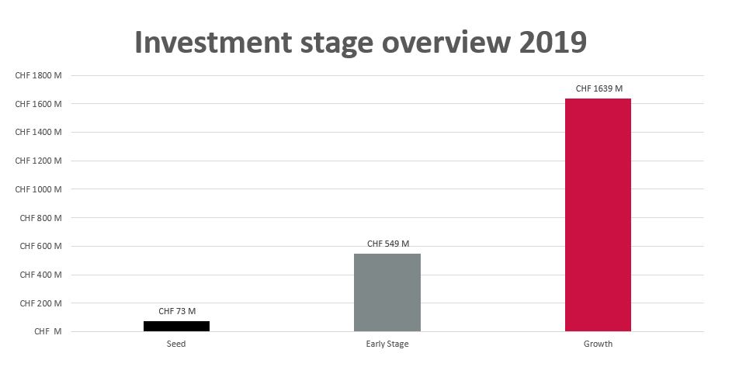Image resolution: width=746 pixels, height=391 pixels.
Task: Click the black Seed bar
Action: click(x=176, y=326)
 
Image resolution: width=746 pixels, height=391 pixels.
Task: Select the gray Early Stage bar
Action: click(x=387, y=292)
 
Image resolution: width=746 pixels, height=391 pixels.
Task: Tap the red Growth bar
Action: click(x=598, y=215)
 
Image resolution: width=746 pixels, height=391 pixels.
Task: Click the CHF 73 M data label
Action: click(x=177, y=311)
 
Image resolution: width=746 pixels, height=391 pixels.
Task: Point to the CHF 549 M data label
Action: click(x=387, y=244)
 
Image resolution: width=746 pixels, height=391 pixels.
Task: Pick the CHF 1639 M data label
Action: click(x=599, y=88)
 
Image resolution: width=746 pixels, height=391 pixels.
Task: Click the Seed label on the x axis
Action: click(x=176, y=344)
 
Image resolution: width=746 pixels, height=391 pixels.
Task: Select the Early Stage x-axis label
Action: click(x=387, y=344)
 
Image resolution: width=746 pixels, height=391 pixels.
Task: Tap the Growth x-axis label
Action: click(x=598, y=344)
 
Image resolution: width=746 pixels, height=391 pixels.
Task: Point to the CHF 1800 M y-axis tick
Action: click(x=38, y=75)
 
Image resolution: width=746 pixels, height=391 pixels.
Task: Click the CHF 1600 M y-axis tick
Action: click(x=38, y=104)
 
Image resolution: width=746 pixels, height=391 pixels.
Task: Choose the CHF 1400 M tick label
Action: click(x=38, y=133)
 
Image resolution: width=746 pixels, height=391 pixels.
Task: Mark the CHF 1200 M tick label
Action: click(x=38, y=161)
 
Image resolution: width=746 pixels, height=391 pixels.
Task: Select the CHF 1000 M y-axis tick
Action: click(x=38, y=189)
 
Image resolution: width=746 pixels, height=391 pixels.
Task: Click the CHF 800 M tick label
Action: click(x=40, y=218)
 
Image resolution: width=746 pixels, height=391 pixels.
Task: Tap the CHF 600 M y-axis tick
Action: click(x=40, y=247)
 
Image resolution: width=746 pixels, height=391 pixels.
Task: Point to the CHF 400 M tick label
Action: click(x=40, y=275)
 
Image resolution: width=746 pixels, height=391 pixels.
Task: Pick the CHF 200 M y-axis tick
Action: click(x=40, y=303)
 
